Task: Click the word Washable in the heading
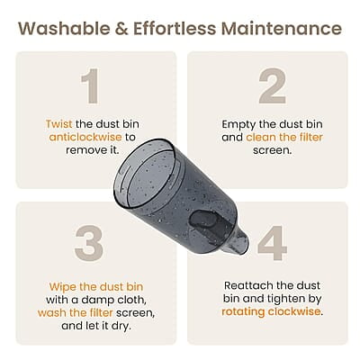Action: tap(62, 28)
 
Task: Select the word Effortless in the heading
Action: tap(173, 28)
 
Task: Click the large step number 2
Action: tap(271, 87)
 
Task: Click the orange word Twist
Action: tap(61, 124)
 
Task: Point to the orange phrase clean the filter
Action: tap(285, 138)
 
